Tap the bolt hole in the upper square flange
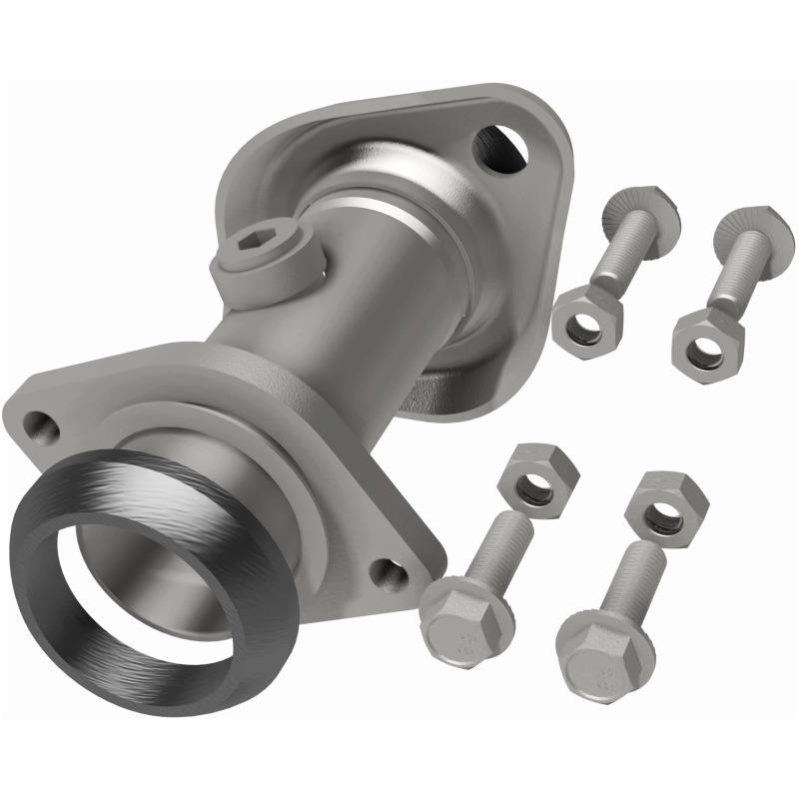click(499, 147)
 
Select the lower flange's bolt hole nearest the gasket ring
click(39, 425)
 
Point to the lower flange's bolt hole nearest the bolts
click(390, 574)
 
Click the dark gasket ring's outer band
click(60, 599)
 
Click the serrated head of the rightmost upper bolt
click(755, 232)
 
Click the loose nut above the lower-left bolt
click(537, 480)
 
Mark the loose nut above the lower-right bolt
click(666, 506)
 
